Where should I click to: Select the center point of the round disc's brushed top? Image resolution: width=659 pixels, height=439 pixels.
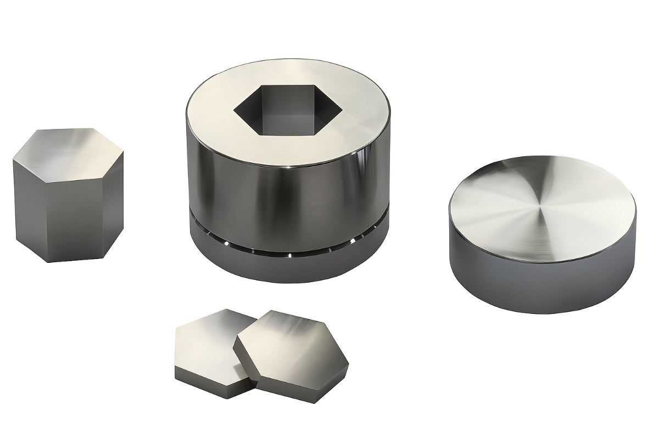point(541,208)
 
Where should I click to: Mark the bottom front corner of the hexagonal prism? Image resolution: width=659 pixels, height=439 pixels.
point(49,261)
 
